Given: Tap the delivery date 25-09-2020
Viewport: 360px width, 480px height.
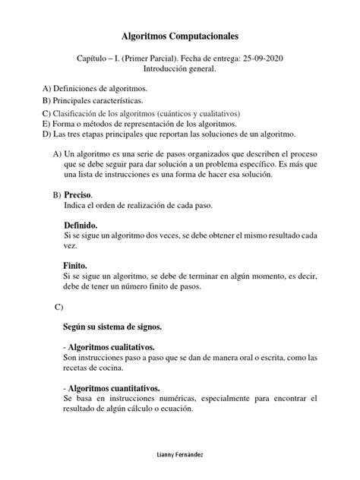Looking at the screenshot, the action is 266,58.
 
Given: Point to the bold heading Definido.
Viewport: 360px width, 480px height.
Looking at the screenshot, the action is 81,226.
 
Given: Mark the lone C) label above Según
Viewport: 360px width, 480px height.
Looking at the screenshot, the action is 58,306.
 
